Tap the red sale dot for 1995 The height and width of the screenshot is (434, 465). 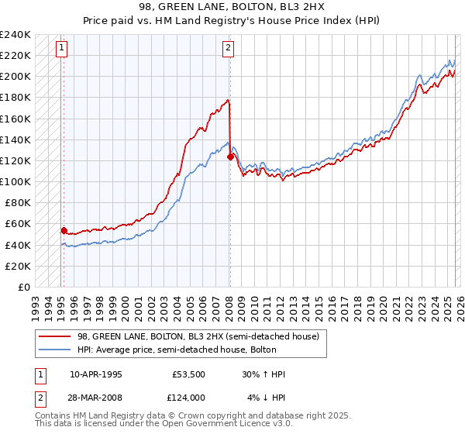tap(64, 230)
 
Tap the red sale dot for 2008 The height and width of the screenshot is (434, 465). tap(230, 157)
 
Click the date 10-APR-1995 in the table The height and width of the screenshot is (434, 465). tap(96, 374)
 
